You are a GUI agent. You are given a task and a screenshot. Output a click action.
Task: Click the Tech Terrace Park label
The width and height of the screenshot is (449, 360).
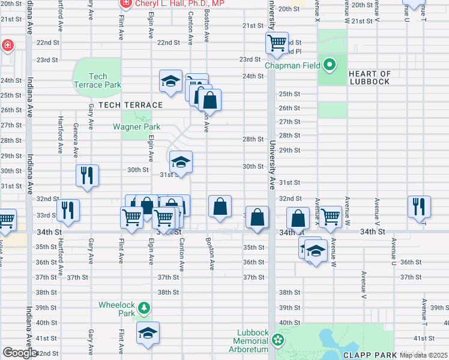[97, 80]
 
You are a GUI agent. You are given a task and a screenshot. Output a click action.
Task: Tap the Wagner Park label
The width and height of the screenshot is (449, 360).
[137, 127]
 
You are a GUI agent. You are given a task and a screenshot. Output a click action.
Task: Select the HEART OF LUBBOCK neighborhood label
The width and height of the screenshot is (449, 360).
[369, 78]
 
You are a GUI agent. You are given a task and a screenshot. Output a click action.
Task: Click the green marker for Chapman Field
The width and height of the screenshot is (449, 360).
[329, 64]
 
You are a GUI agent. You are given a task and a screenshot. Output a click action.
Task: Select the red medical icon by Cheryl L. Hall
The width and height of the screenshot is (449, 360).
[125, 4]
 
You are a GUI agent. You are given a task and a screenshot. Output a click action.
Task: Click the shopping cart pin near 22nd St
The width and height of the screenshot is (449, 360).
[277, 43]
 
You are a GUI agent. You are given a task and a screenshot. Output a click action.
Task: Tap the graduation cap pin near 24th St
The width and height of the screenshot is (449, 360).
[171, 81]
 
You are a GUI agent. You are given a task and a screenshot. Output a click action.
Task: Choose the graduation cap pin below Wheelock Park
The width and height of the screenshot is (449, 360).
[148, 333]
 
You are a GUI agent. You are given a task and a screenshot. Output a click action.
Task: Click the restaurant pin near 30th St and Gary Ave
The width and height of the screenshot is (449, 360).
[87, 176]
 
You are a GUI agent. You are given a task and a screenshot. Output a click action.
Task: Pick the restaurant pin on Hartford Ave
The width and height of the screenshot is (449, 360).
[67, 210]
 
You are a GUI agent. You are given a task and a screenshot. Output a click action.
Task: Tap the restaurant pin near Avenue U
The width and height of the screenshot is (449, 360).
[418, 206]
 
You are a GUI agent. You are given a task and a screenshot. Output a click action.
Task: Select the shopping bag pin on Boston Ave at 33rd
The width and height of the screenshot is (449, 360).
[220, 206]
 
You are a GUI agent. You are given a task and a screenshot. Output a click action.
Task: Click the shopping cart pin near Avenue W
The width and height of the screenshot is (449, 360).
[330, 217]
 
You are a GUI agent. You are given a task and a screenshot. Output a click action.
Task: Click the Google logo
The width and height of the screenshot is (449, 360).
[19, 353]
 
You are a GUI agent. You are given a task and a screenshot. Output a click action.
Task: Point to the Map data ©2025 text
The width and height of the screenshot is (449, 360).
[423, 355]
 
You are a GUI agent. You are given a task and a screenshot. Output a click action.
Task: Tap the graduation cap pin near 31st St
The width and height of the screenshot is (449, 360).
[181, 161]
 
